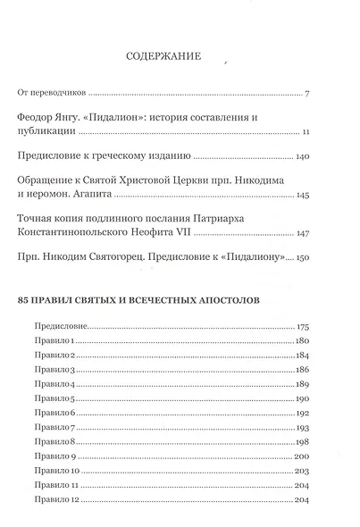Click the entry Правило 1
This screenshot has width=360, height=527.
point(51,342)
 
